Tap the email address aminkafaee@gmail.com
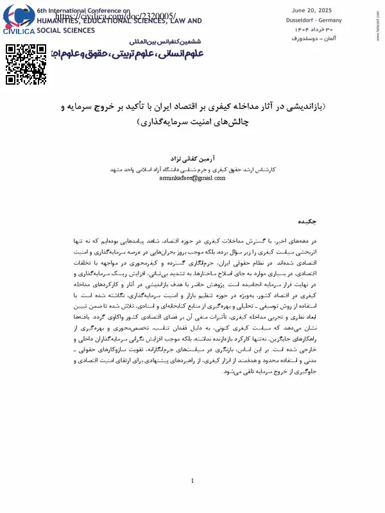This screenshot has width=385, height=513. pos(192,178)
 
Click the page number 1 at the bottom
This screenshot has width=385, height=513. pos(193,481)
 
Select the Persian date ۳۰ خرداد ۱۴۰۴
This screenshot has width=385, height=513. pos(319,29)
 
